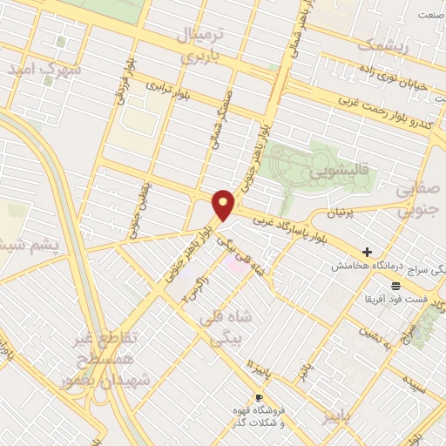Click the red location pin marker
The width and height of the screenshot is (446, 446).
click(x=224, y=204)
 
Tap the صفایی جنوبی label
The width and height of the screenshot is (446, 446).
click(x=417, y=199)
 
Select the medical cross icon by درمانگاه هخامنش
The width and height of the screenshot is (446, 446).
click(x=368, y=252)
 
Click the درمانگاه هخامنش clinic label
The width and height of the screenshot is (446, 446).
click(x=357, y=266)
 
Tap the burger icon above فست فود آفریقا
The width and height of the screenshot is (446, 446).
click(x=395, y=286)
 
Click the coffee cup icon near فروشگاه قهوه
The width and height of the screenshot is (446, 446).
click(x=258, y=397)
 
